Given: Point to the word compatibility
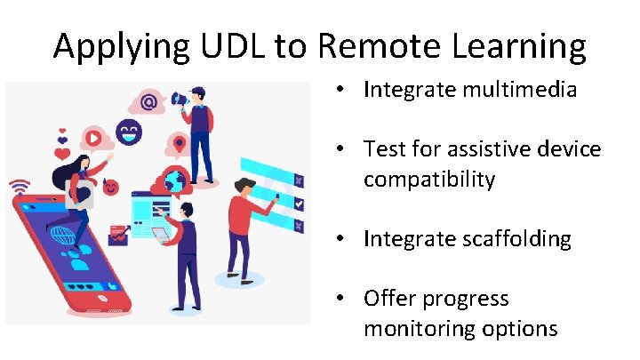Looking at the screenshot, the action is point(428,179).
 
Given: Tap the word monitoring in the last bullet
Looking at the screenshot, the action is point(421,328).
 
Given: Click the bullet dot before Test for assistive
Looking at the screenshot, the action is point(341,149).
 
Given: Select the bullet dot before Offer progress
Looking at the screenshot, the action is point(341,299).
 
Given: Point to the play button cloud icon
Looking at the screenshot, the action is point(92,138).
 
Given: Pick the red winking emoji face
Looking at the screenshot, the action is point(111,188).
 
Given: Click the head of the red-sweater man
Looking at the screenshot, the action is point(244,186).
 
